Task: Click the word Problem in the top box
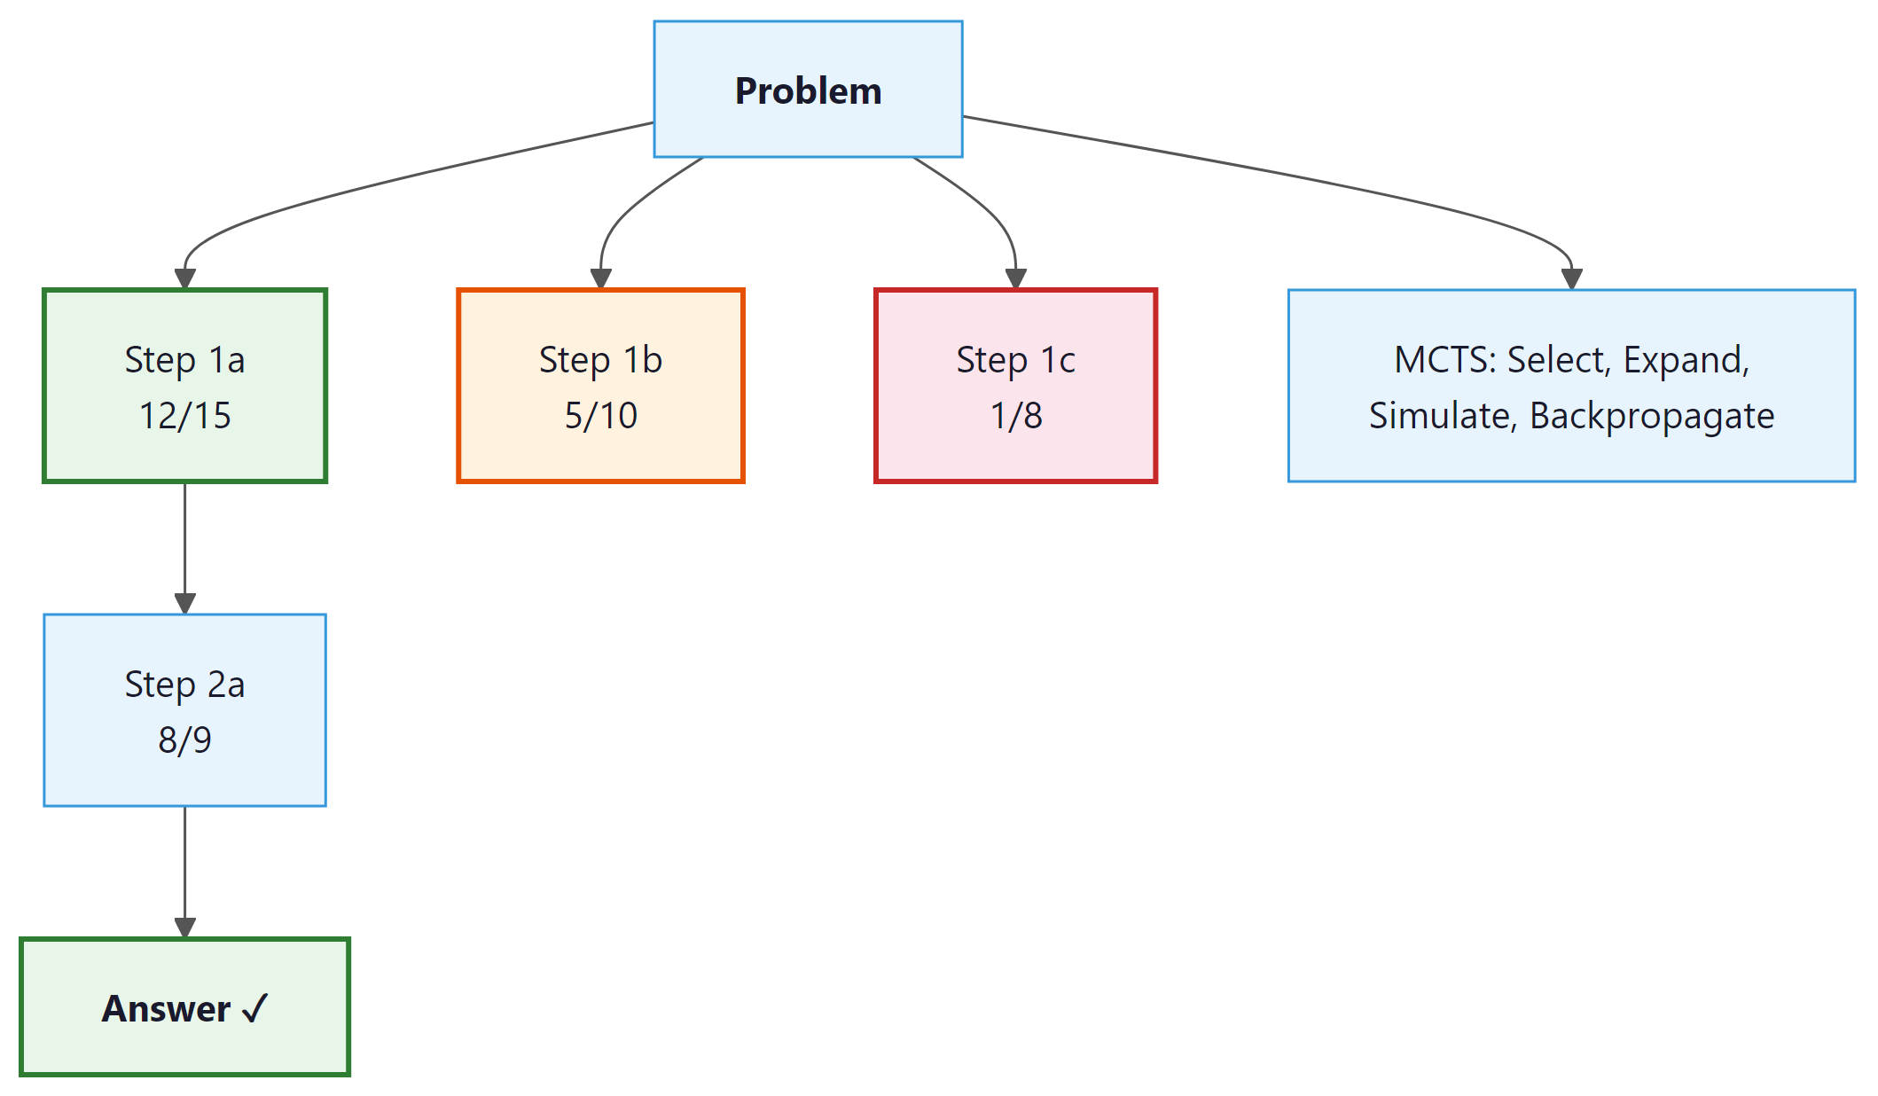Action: pos(808,91)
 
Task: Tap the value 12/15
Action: pos(184,416)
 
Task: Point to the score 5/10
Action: pos(600,416)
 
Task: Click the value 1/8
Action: pos(1015,416)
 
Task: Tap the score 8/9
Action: pos(184,740)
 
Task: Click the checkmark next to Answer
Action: pos(254,1009)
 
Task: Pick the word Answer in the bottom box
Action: pos(166,1009)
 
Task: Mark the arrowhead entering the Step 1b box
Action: pos(601,278)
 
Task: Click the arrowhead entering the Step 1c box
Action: pos(1016,278)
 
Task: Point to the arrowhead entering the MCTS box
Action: pos(1572,278)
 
